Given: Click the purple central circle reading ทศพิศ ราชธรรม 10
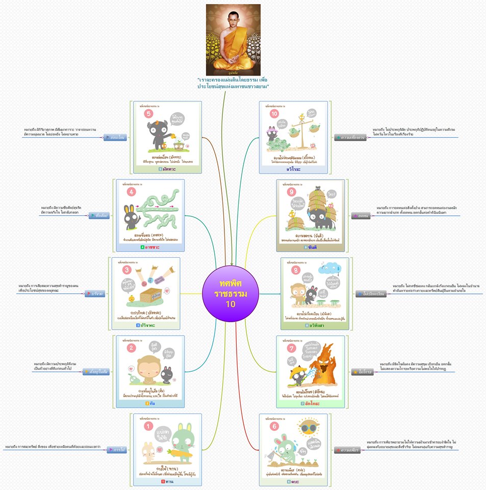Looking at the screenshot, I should (x=230, y=291).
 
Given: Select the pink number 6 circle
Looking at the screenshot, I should (x=276, y=426).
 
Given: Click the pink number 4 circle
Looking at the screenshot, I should (x=132, y=192).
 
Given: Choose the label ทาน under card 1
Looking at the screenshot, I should (x=165, y=482).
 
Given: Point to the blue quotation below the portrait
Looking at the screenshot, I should (x=233, y=83).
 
